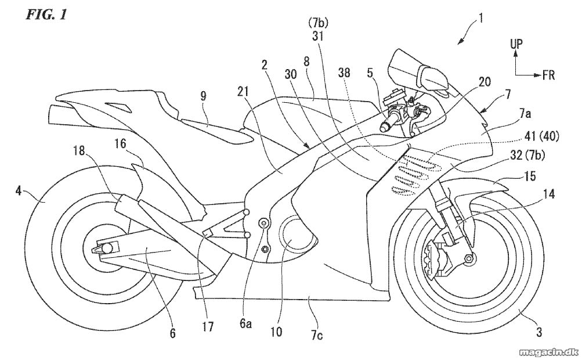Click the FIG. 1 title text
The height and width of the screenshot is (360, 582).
[46, 15]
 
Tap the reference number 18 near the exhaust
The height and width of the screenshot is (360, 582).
[78, 150]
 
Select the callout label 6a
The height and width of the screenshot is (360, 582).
[245, 323]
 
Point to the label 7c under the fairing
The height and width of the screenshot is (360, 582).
[317, 336]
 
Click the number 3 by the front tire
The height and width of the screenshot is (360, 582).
[539, 331]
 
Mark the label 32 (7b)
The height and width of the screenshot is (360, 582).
[527, 155]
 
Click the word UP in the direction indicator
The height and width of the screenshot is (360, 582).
[516, 44]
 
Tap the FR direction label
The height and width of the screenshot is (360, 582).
[548, 75]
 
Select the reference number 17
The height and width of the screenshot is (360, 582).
[208, 326]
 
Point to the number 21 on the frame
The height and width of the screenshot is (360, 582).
[243, 92]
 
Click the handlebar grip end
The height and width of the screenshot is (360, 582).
[383, 128]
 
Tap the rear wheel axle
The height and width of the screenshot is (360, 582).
[107, 248]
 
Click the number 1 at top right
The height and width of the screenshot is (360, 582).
[480, 18]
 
